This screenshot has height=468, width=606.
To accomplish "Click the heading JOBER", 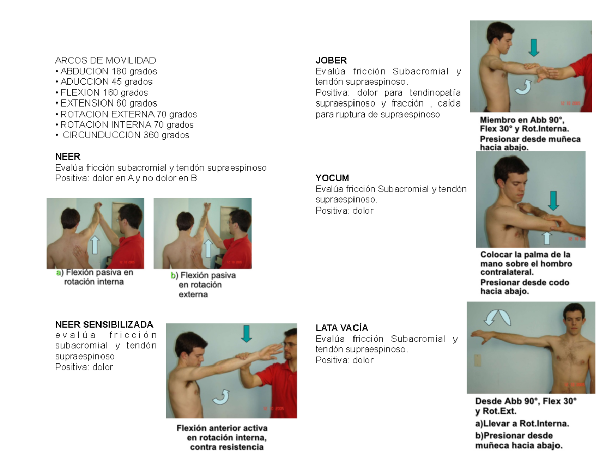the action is [331, 60].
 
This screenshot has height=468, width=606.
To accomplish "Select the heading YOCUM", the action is [332, 178].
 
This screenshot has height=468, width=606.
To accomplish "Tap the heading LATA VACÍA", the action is [341, 328].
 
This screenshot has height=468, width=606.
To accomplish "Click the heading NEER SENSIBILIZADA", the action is [104, 325].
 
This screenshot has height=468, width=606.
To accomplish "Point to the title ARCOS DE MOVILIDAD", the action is [106, 60].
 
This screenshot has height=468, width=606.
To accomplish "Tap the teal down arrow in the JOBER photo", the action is [534, 47].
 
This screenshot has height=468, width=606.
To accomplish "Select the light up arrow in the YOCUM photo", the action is [547, 238].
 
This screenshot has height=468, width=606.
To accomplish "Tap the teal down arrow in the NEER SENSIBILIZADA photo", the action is [246, 334].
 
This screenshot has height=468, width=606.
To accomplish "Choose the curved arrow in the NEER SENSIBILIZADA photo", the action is [221, 398].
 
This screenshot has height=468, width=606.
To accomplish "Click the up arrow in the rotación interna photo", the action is [95, 245].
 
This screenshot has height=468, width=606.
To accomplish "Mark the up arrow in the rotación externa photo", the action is [208, 248].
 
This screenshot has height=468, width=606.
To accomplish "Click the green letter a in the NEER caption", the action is [58, 273].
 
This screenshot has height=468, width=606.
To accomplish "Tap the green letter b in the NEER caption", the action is [173, 275].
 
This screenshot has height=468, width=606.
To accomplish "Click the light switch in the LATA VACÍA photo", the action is [477, 360].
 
